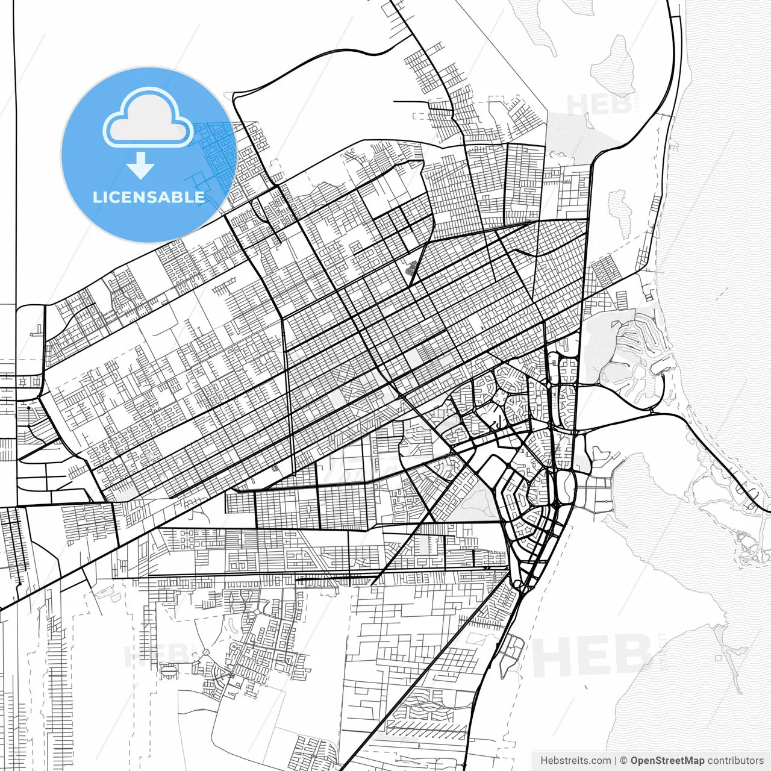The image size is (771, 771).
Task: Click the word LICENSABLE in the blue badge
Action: [149, 197]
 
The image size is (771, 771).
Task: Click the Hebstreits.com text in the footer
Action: [575, 761]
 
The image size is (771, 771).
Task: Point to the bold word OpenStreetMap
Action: [667, 761]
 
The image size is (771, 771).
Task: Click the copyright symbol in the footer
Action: [623, 761]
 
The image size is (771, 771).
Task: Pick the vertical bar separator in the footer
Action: [615, 761]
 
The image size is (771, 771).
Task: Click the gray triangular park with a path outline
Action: [476, 500]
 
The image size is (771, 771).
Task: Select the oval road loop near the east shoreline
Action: [566, 484]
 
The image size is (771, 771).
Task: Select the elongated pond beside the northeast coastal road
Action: [621, 211]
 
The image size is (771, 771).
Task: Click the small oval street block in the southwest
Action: [169, 669]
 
